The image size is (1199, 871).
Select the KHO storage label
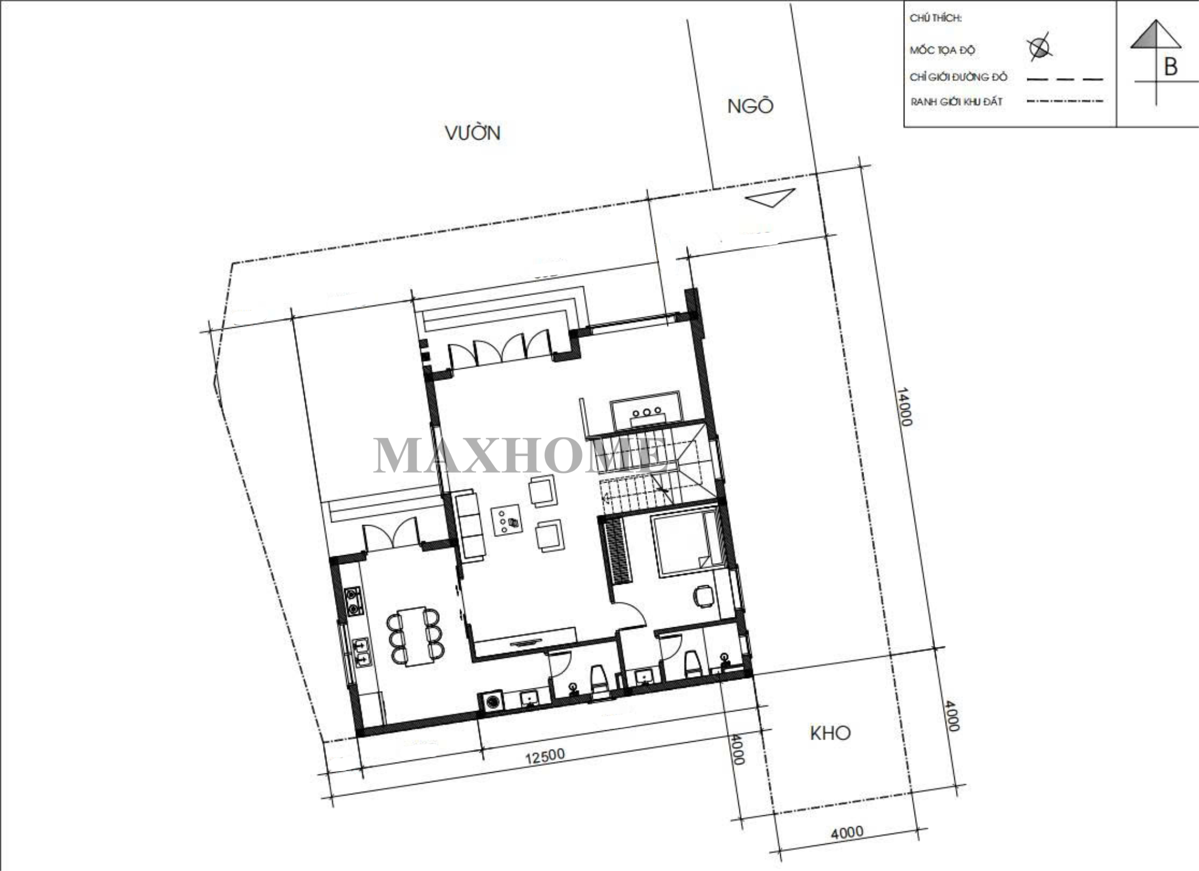(830, 733)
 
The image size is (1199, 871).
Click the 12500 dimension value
(546, 756)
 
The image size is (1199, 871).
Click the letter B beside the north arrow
(1171, 67)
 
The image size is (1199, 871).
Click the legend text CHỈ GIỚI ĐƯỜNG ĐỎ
(958, 77)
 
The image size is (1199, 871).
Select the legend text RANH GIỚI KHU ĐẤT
(956, 102)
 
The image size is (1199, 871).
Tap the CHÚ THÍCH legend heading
(936, 18)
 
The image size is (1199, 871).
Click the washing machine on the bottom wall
(492, 701)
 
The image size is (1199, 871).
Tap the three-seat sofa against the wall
(470, 526)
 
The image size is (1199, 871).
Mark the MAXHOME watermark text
(520, 456)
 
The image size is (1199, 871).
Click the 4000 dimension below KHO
(848, 832)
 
